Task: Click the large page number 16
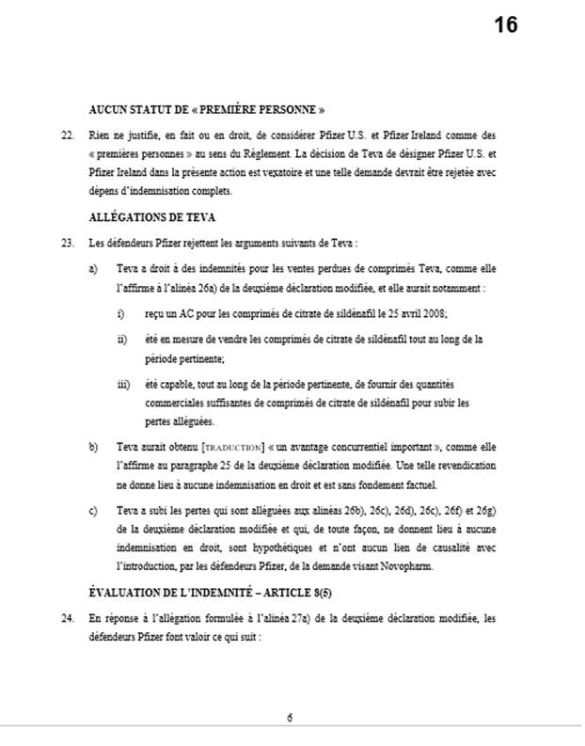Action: coord(506,25)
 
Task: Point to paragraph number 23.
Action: coord(66,244)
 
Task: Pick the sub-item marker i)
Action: coord(120,311)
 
